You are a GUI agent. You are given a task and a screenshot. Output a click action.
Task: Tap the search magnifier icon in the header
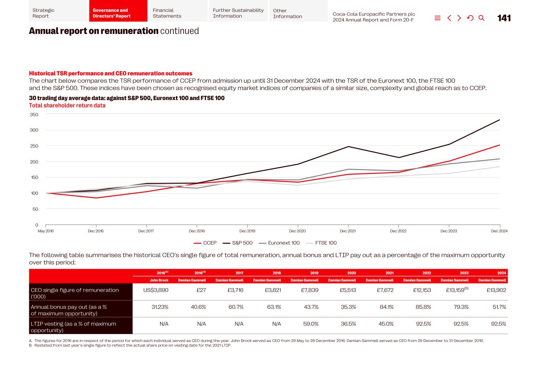(x=481, y=18)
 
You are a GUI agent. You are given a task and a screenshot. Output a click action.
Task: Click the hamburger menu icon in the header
(x=438, y=18)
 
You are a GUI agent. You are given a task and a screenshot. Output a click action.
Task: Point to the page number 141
(x=504, y=18)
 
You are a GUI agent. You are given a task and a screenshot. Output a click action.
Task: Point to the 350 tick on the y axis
(x=34, y=115)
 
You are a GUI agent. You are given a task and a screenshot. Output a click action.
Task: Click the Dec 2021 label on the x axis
(x=347, y=231)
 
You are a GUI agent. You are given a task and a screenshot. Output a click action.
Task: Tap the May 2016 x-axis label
(x=45, y=231)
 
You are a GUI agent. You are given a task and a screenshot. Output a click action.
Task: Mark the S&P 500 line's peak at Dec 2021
(x=348, y=147)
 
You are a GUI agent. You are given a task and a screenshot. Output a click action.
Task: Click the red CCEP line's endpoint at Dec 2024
(x=499, y=145)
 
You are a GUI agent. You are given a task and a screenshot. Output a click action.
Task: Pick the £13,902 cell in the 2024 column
(x=496, y=290)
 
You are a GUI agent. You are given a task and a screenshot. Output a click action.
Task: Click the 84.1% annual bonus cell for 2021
(x=386, y=307)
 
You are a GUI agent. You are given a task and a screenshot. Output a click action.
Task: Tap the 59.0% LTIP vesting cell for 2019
(x=311, y=324)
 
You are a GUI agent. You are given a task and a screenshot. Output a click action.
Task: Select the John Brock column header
(x=159, y=280)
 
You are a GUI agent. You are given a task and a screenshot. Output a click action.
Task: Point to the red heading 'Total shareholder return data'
(x=67, y=106)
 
